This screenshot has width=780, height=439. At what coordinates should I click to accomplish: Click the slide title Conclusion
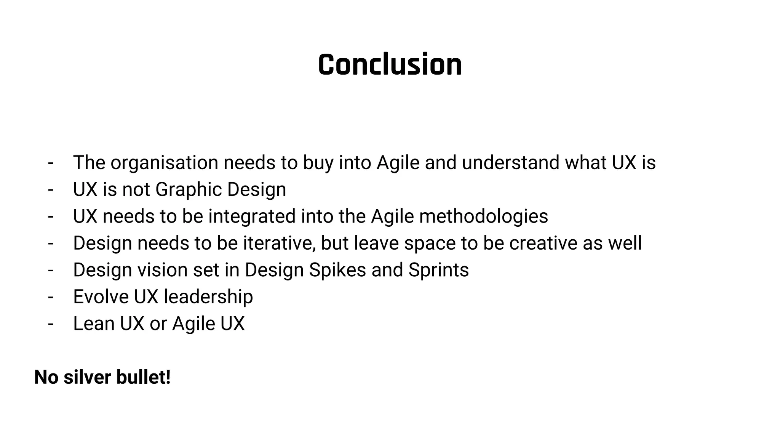pyautogui.click(x=390, y=64)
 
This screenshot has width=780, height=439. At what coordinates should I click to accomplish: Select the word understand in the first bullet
pyautogui.click(x=510, y=163)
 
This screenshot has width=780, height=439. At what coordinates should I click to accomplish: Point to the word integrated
pyautogui.click(x=252, y=216)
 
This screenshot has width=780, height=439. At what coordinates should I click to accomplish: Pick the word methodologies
pyautogui.click(x=483, y=216)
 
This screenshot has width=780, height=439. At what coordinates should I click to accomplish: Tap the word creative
pyautogui.click(x=543, y=243)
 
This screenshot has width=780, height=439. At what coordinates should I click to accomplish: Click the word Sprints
pyautogui.click(x=438, y=270)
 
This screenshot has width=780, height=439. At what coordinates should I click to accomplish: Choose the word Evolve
pyautogui.click(x=101, y=297)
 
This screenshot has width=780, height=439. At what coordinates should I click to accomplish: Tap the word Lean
pyautogui.click(x=94, y=324)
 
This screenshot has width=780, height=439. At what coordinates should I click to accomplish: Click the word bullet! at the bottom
pyautogui.click(x=143, y=377)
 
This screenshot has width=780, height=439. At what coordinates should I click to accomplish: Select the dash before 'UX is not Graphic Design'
pyautogui.click(x=51, y=190)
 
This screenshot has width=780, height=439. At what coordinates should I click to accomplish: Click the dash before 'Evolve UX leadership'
pyautogui.click(x=51, y=297)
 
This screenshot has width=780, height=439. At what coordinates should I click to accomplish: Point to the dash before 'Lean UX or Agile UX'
pyautogui.click(x=51, y=324)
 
